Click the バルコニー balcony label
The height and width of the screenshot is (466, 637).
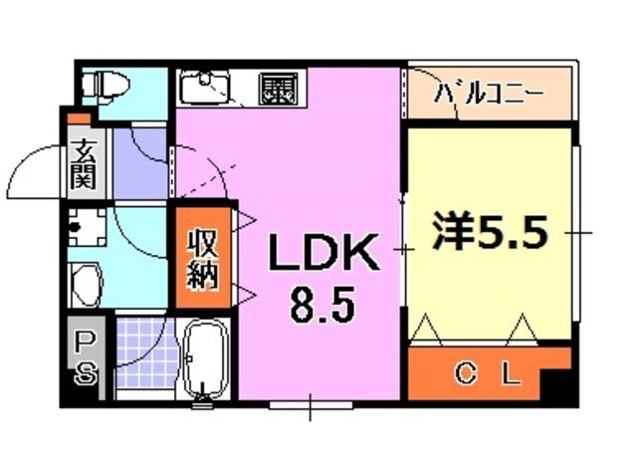(487, 98)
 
